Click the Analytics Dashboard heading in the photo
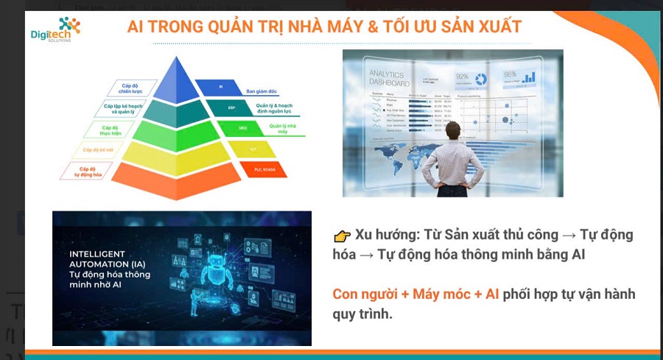point(387,78)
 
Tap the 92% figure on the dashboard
point(462,76)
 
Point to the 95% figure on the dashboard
point(510,74)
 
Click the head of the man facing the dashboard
point(452,130)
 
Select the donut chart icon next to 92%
point(481,79)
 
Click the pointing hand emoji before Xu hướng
point(341,236)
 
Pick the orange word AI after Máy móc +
point(491,294)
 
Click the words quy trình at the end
point(362,314)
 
